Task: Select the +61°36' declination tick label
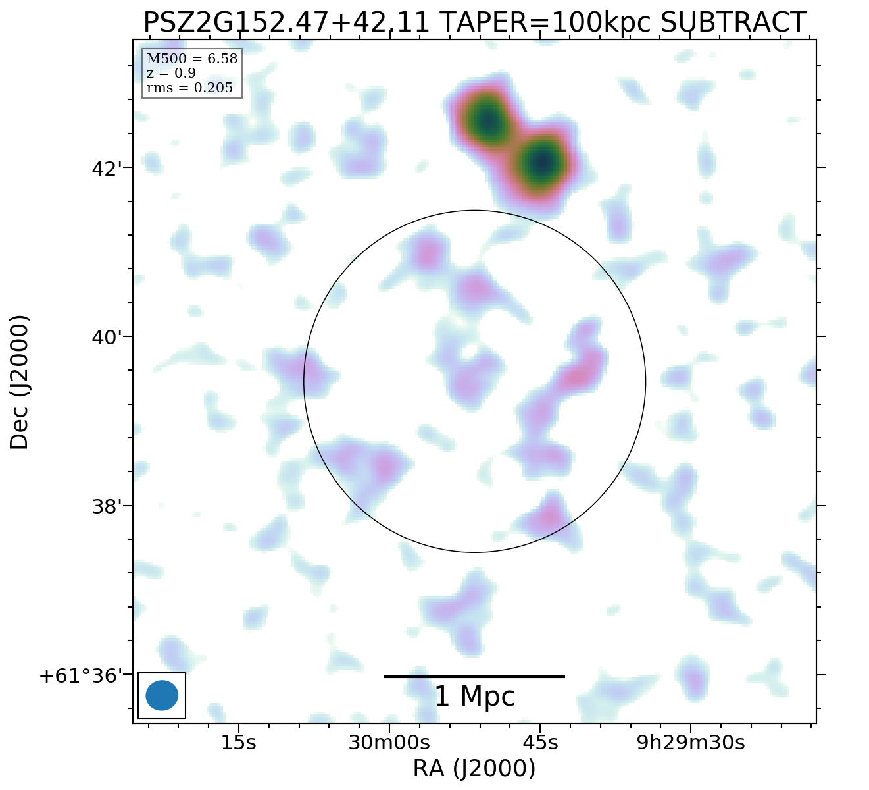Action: [81, 676]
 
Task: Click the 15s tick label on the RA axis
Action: [238, 743]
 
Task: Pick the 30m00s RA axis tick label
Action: [389, 743]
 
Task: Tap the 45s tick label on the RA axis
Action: [540, 743]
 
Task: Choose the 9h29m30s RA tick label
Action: [691, 743]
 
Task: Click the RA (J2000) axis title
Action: [474, 769]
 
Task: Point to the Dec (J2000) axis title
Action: [20, 382]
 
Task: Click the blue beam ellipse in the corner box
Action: [162, 695]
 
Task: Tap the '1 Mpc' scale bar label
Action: [474, 697]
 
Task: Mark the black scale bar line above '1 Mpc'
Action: [474, 676]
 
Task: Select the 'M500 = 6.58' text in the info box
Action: [191, 59]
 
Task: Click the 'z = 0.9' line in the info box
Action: [171, 73]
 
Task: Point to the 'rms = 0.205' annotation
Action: [189, 88]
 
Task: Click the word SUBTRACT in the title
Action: [733, 23]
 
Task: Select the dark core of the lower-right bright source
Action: [541, 162]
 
